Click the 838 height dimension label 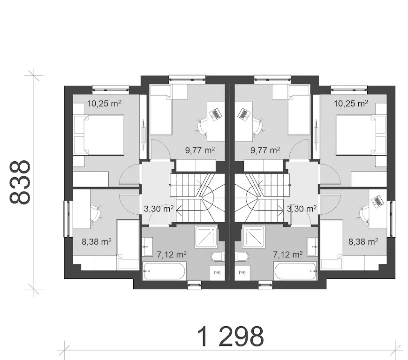20,182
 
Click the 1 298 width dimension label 230,337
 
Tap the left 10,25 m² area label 104,103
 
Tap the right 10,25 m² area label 351,103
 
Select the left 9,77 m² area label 200,150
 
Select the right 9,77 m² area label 265,150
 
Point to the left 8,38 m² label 97,242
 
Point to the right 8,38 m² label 363,242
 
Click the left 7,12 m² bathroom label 172,254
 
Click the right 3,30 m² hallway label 302,209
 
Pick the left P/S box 217,273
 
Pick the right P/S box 242,273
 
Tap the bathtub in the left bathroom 164,271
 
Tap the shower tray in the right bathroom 254,237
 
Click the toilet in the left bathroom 218,257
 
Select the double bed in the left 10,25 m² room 99,135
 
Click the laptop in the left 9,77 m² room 215,114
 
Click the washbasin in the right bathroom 312,247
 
